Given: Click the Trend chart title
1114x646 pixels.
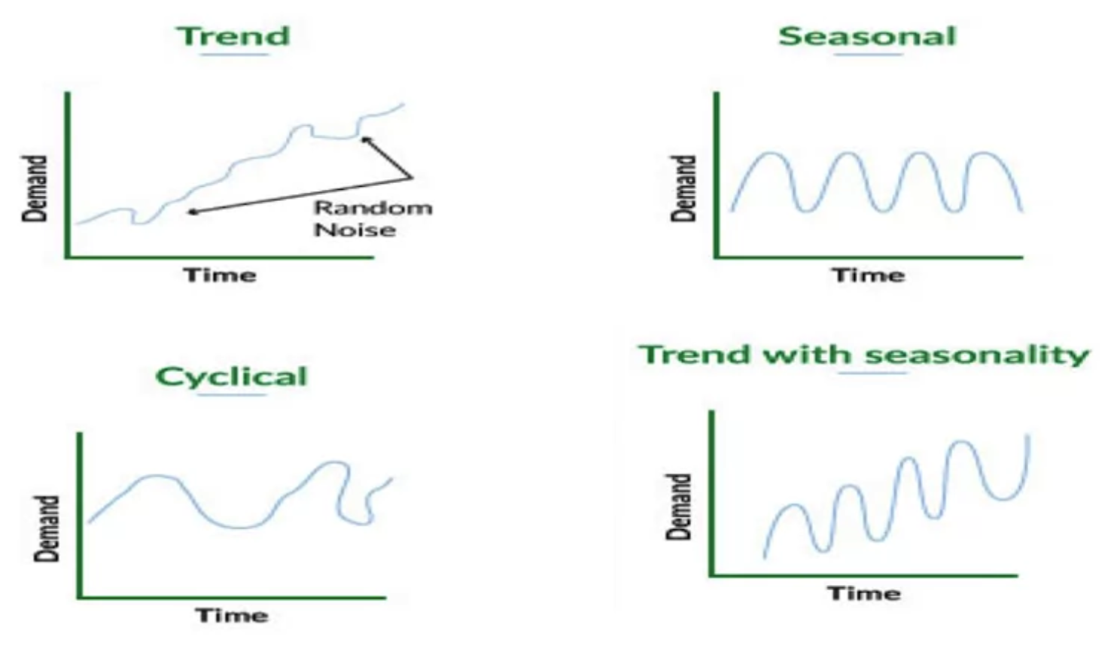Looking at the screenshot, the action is pos(233,36).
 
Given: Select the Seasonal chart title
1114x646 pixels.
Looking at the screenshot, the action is pos(867,36).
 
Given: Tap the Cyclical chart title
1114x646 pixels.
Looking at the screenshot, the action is pos(232,378).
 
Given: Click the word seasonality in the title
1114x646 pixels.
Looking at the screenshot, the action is pos(977,355).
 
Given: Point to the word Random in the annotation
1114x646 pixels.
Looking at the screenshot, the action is pos(373,207).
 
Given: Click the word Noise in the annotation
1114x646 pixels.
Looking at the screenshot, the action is pos(355,230).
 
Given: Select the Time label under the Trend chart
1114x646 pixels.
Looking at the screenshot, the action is pos(221,275).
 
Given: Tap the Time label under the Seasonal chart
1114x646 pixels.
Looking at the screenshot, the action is pos(869,275).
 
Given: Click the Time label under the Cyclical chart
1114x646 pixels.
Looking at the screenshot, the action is pos(232,616).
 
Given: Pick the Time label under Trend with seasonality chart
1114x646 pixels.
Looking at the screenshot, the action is pos(864,593).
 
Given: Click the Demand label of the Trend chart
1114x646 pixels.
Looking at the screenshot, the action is pos(35,188).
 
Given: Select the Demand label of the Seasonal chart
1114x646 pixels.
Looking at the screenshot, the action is pos(683,188).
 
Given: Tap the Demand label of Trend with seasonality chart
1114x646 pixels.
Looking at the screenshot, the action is pos(679,507).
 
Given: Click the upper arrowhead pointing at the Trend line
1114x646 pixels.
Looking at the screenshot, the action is pos(366,140).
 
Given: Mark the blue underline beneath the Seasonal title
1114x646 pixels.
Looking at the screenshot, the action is pos(869,53).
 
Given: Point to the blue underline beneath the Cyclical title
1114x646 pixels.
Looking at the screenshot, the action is pos(233,395).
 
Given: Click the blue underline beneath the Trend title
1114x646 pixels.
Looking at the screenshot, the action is pos(234,53).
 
